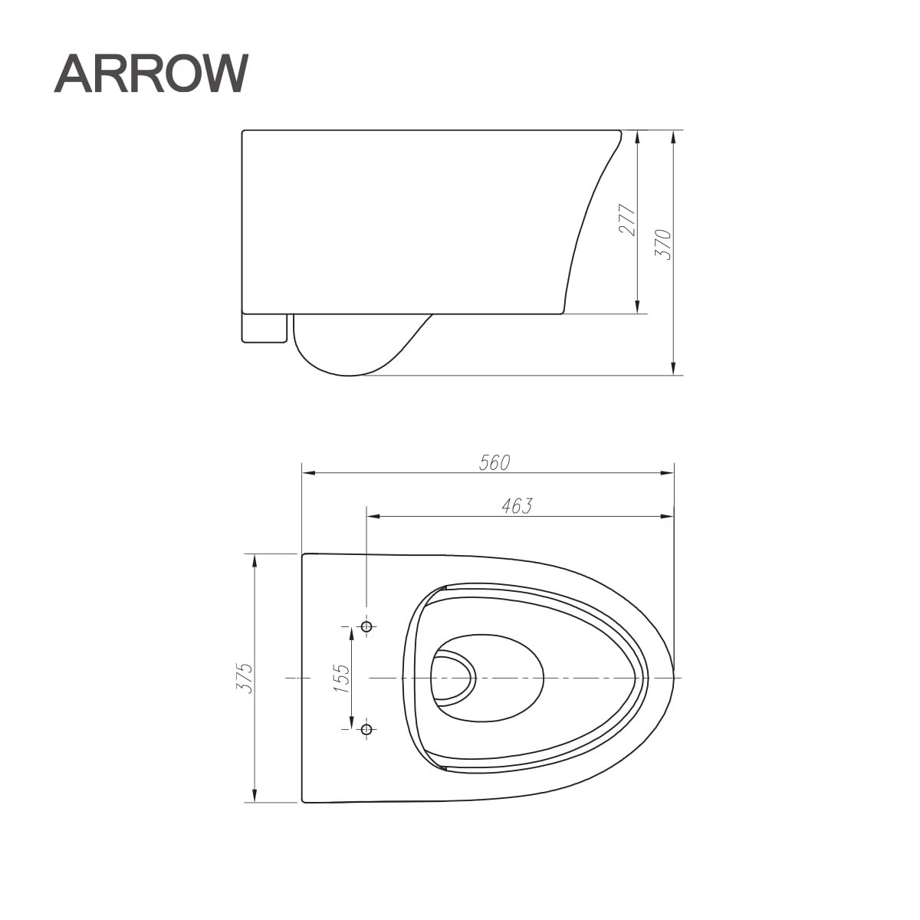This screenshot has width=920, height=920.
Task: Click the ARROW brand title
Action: point(151,74)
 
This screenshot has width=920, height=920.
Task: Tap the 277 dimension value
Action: point(627,220)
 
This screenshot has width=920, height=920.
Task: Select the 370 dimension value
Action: point(663,245)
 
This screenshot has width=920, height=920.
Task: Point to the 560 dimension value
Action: point(495,462)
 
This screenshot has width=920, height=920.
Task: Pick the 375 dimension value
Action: point(245,678)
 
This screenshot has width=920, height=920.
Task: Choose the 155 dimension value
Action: point(341,678)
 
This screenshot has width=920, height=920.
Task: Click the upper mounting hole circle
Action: point(366,627)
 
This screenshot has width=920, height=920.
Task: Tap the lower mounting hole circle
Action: point(366,728)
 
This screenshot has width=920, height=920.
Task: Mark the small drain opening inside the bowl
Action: point(453,678)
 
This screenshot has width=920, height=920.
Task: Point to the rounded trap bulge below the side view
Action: point(345,349)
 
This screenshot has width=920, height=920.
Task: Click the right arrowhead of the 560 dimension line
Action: point(668,473)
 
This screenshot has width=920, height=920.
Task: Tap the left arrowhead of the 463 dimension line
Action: point(373,517)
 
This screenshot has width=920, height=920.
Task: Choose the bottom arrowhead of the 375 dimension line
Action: point(255,797)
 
